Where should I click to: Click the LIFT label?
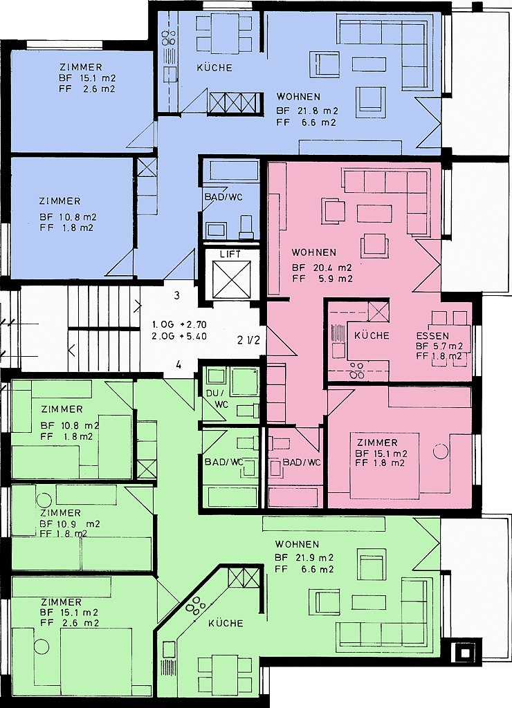230,254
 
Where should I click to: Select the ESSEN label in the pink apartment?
432,336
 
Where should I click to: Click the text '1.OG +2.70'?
179,324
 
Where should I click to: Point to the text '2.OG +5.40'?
179,337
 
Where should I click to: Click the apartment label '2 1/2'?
248,340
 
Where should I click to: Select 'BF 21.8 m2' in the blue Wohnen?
307,111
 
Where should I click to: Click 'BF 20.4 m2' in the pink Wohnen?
322,268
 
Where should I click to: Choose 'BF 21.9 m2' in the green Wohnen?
304,557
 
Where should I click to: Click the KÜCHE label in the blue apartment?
214,68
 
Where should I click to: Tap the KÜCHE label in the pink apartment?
372,335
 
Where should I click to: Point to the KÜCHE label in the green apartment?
226,623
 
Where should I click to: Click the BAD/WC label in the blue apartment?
223,197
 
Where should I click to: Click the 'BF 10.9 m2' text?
70,524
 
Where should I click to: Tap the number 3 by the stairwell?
177,295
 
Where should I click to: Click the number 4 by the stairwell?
179,365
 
